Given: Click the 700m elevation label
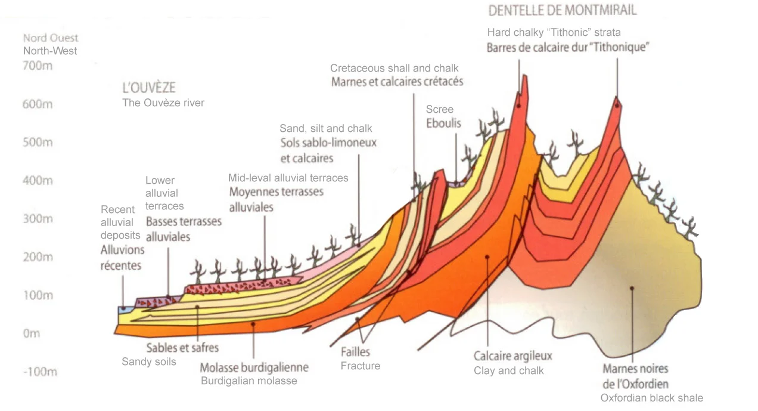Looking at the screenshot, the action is [x=38, y=66].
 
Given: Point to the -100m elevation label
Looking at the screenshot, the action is [x=41, y=372].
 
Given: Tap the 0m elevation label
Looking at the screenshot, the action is [x=32, y=333].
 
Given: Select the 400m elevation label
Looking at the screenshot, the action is [x=38, y=180].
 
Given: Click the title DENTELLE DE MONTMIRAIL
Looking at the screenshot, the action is [x=562, y=10].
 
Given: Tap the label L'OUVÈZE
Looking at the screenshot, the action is [x=149, y=88].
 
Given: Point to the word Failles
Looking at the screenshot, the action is [x=356, y=352].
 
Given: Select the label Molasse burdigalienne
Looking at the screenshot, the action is [x=254, y=367].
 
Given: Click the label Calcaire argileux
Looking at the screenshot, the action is [x=513, y=356].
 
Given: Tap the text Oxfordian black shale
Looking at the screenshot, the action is [x=652, y=398].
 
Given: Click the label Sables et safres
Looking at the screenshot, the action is [x=183, y=347].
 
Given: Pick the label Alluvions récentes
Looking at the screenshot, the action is [x=121, y=257].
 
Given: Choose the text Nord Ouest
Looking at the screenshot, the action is [x=51, y=38].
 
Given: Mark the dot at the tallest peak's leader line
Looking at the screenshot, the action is [x=520, y=106].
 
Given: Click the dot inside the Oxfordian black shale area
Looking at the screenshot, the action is [x=632, y=288].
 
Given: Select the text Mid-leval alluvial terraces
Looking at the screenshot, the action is [x=288, y=178].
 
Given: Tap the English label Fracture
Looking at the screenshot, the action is [x=361, y=366].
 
